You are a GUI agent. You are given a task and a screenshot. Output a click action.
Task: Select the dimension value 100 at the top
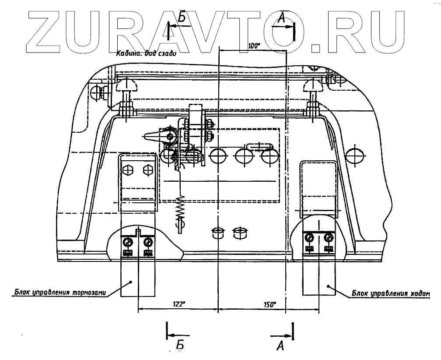[x=254, y=45]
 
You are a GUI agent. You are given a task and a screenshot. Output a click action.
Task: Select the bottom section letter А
[x=280, y=346]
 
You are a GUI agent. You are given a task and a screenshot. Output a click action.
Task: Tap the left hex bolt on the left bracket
[x=129, y=169]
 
